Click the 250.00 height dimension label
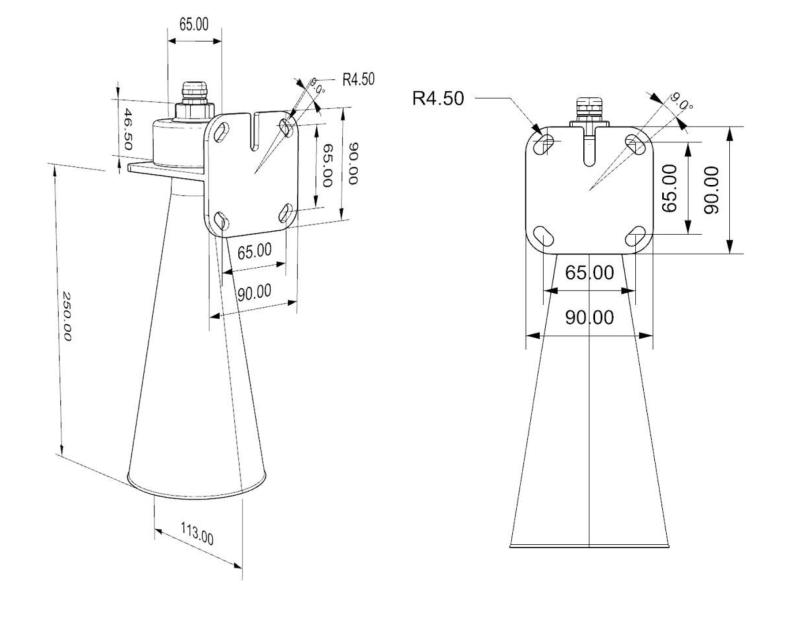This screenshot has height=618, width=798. (x=67, y=317)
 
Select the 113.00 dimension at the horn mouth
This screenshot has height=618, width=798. (x=195, y=531)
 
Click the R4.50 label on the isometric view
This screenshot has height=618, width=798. (x=358, y=80)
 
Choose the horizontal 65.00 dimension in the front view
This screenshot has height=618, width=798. (x=590, y=272)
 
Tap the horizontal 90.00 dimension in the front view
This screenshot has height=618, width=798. (x=590, y=318)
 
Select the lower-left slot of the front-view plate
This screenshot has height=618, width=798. (x=544, y=235)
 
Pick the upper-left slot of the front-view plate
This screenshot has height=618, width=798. (x=544, y=144)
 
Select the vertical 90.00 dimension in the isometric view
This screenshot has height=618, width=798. (x=351, y=170)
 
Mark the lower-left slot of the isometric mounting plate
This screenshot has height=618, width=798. (x=222, y=219)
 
